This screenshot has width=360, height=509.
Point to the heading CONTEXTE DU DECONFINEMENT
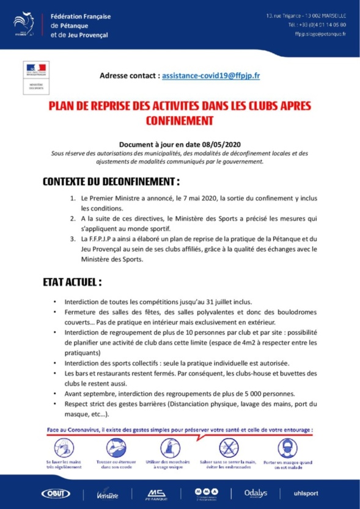click(111, 181)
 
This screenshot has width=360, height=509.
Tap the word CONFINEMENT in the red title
click(180, 120)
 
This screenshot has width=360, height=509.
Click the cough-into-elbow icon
click(116, 447)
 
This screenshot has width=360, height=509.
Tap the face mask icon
click(285, 447)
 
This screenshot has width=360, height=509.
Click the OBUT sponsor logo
click(56, 493)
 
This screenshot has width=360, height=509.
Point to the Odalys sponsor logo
click(255, 493)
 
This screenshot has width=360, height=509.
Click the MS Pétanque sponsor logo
click(157, 493)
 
